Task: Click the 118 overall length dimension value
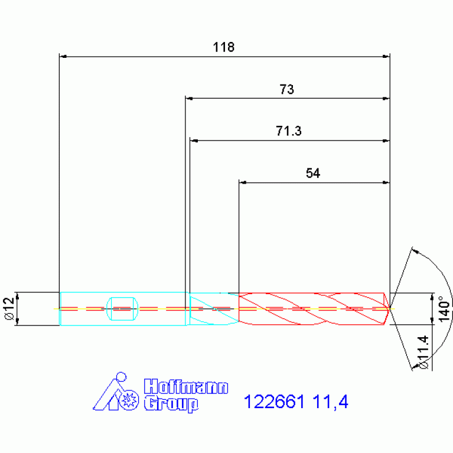pyautogui.click(x=224, y=47)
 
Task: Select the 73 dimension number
pyautogui.click(x=286, y=89)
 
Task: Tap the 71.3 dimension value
pyautogui.click(x=289, y=131)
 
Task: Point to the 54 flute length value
pyautogui.click(x=313, y=173)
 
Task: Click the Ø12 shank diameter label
pyautogui.click(x=9, y=308)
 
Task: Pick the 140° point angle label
pyautogui.click(x=445, y=308)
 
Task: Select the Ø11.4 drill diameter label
pyautogui.click(x=423, y=352)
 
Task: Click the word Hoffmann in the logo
pyautogui.click(x=186, y=386)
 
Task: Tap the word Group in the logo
pyautogui.click(x=171, y=404)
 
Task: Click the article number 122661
pyautogui.click(x=274, y=402)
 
